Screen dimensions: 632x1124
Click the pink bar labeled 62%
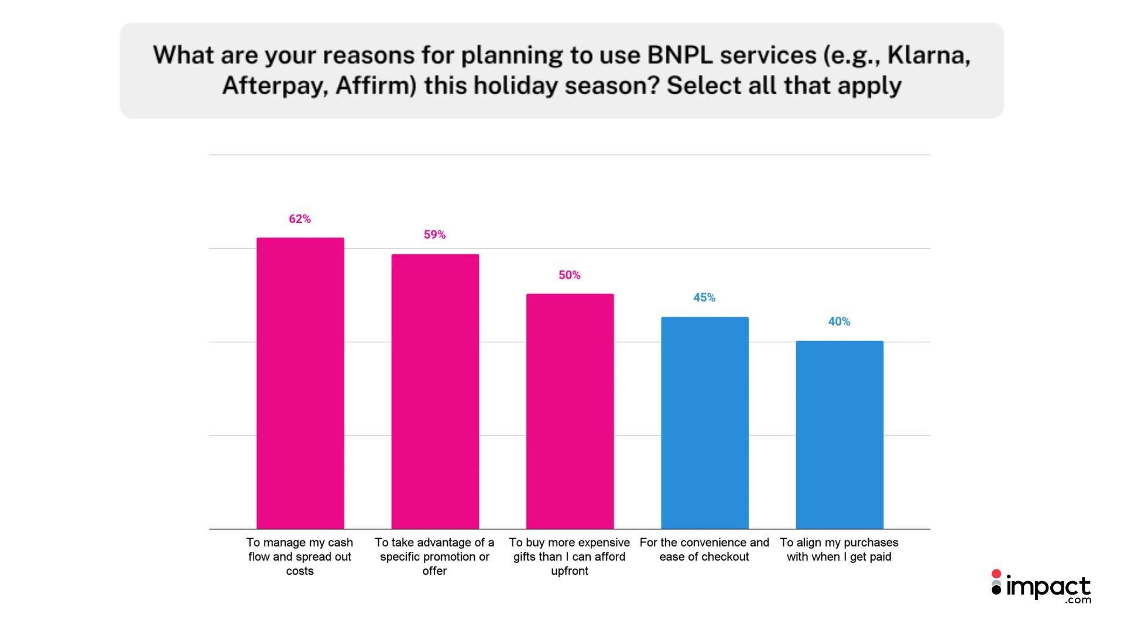(300, 383)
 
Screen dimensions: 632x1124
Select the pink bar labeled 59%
(435, 391)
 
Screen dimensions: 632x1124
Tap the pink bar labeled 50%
(570, 411)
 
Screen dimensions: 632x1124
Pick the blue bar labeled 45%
(705, 423)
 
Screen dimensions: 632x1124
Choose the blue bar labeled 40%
(839, 435)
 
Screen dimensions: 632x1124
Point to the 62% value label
(300, 219)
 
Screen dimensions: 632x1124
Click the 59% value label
(435, 235)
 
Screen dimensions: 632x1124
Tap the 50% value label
(570, 275)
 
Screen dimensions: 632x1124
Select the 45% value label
(704, 297)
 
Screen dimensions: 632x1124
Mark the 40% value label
(839, 321)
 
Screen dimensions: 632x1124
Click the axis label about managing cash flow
(300, 557)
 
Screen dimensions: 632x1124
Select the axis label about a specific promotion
(434, 557)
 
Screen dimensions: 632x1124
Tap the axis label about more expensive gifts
(570, 557)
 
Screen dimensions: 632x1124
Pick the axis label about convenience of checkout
(704, 549)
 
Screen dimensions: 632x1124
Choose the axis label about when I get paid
(839, 549)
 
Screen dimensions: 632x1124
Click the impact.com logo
(1041, 587)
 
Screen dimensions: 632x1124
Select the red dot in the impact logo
(996, 575)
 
